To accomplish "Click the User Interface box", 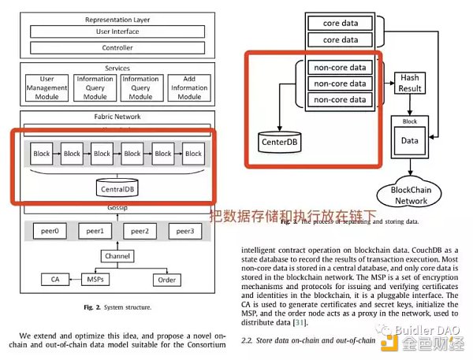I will tap(117, 32).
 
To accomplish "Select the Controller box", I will tap(117, 47).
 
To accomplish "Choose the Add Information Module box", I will tap(189, 87).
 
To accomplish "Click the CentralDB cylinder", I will tap(118, 188).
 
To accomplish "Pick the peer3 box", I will tap(187, 232).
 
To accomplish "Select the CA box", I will tap(54, 278).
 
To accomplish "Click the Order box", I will tap(166, 278).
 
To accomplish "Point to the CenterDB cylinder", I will tap(281, 142).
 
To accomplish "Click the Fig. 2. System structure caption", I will tap(118, 306).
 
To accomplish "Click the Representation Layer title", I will tap(117, 18).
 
